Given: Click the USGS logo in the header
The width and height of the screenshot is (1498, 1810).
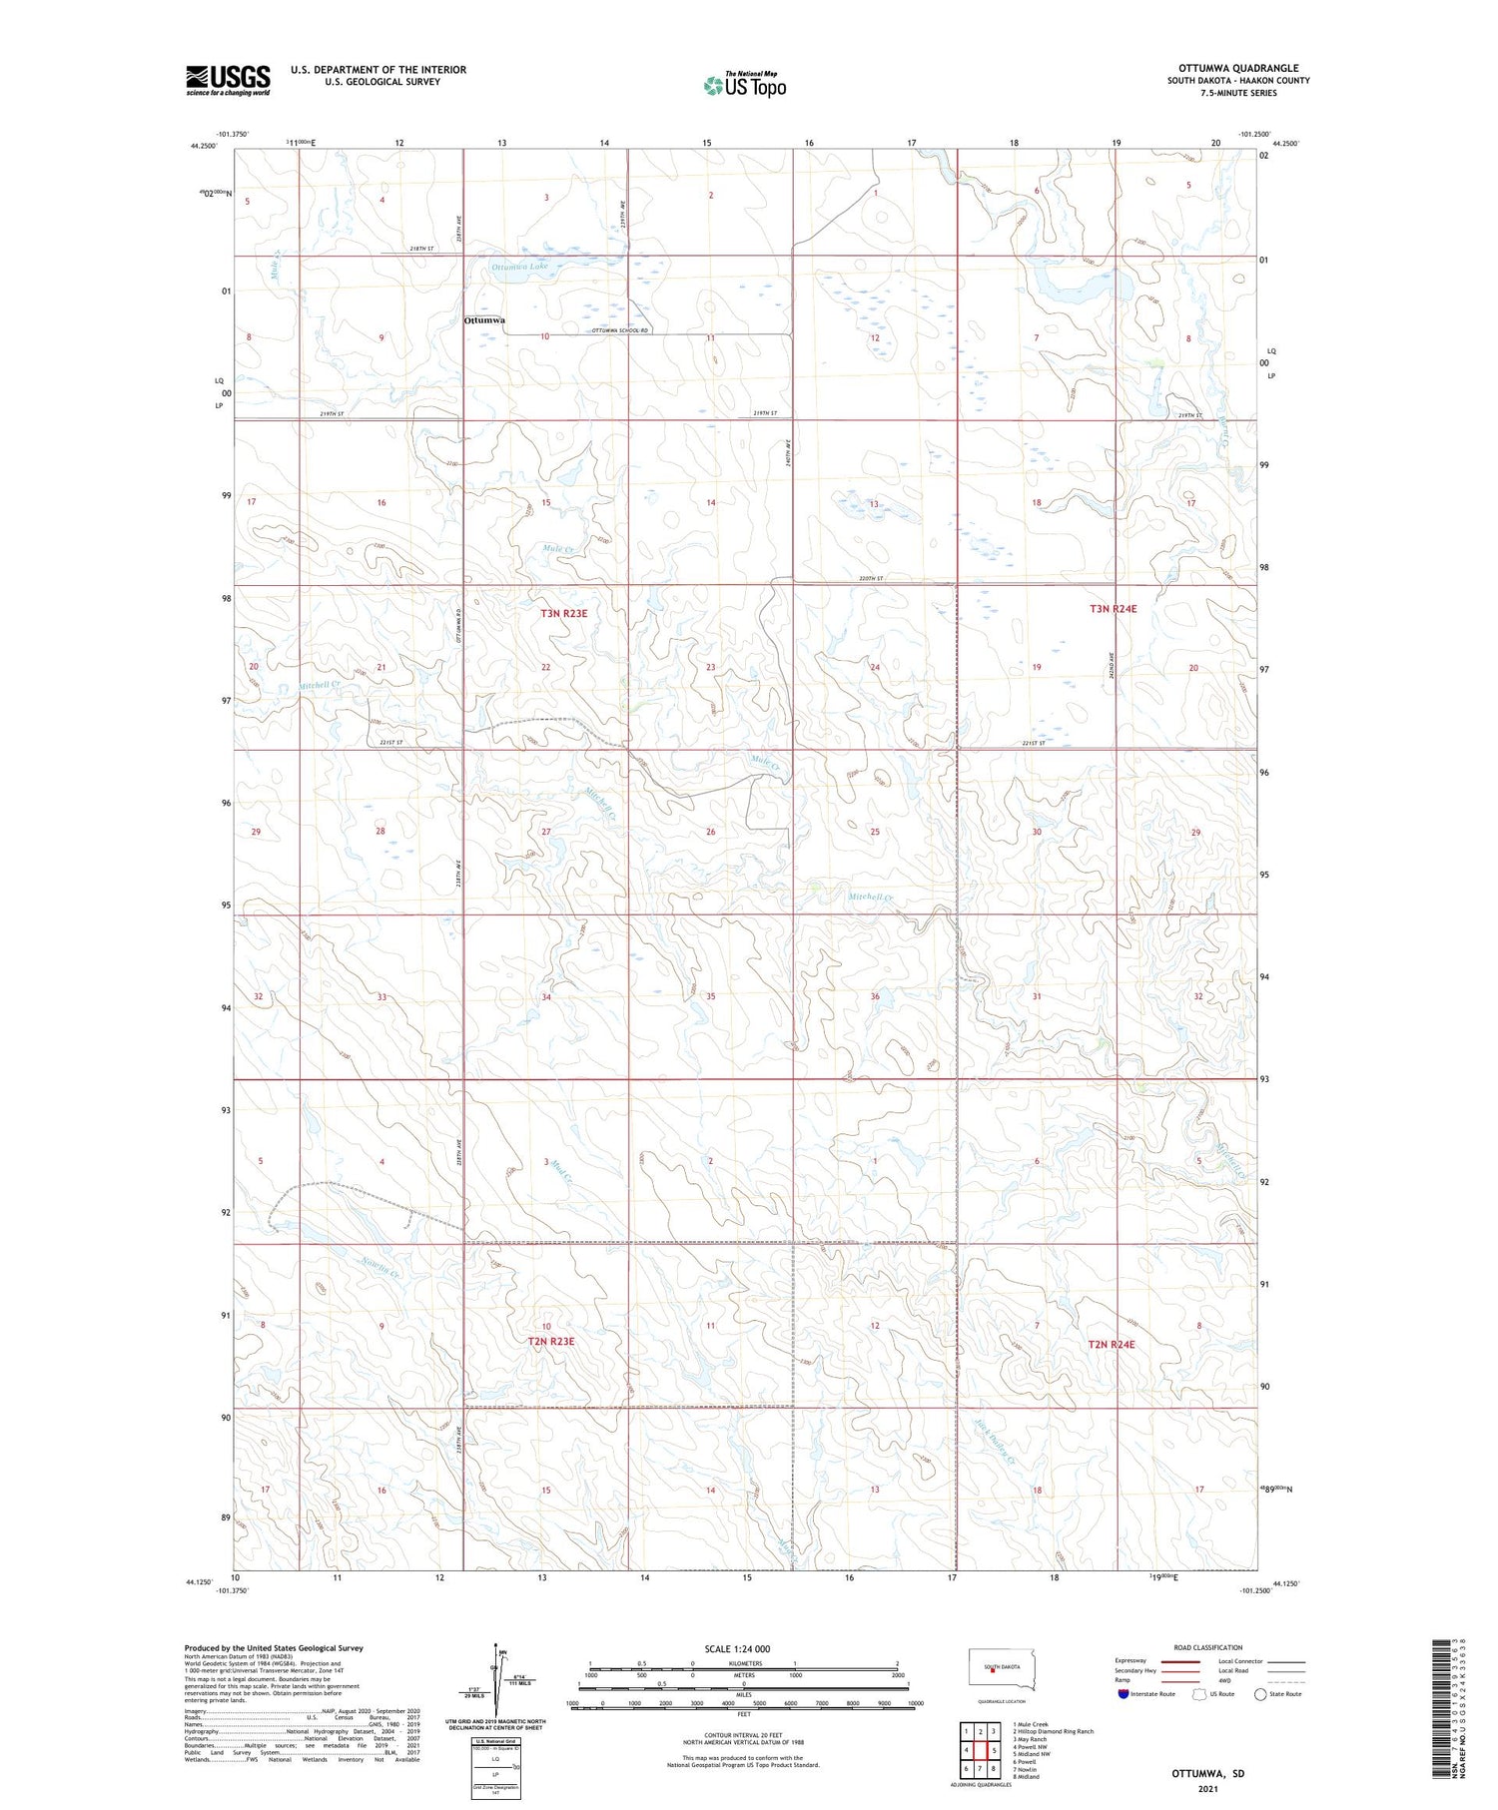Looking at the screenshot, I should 228,80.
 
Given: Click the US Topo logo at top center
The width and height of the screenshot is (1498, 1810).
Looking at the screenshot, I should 744,86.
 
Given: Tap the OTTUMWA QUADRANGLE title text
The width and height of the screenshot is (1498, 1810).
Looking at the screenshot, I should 1238,68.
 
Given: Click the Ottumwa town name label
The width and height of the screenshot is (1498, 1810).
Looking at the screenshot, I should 484,320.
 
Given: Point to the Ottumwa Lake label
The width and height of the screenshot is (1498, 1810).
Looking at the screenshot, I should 519,267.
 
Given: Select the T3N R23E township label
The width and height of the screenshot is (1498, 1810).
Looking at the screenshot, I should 564,613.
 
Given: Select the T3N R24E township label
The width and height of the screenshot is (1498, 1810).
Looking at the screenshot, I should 1113,608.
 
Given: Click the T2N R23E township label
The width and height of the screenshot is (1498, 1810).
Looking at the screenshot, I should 551,1341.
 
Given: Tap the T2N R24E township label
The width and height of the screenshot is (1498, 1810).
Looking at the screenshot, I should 1112,1344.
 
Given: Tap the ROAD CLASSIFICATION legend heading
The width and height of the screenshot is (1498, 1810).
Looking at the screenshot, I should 1208,1647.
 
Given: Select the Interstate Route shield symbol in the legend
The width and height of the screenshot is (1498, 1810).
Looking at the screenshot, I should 1123,1693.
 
